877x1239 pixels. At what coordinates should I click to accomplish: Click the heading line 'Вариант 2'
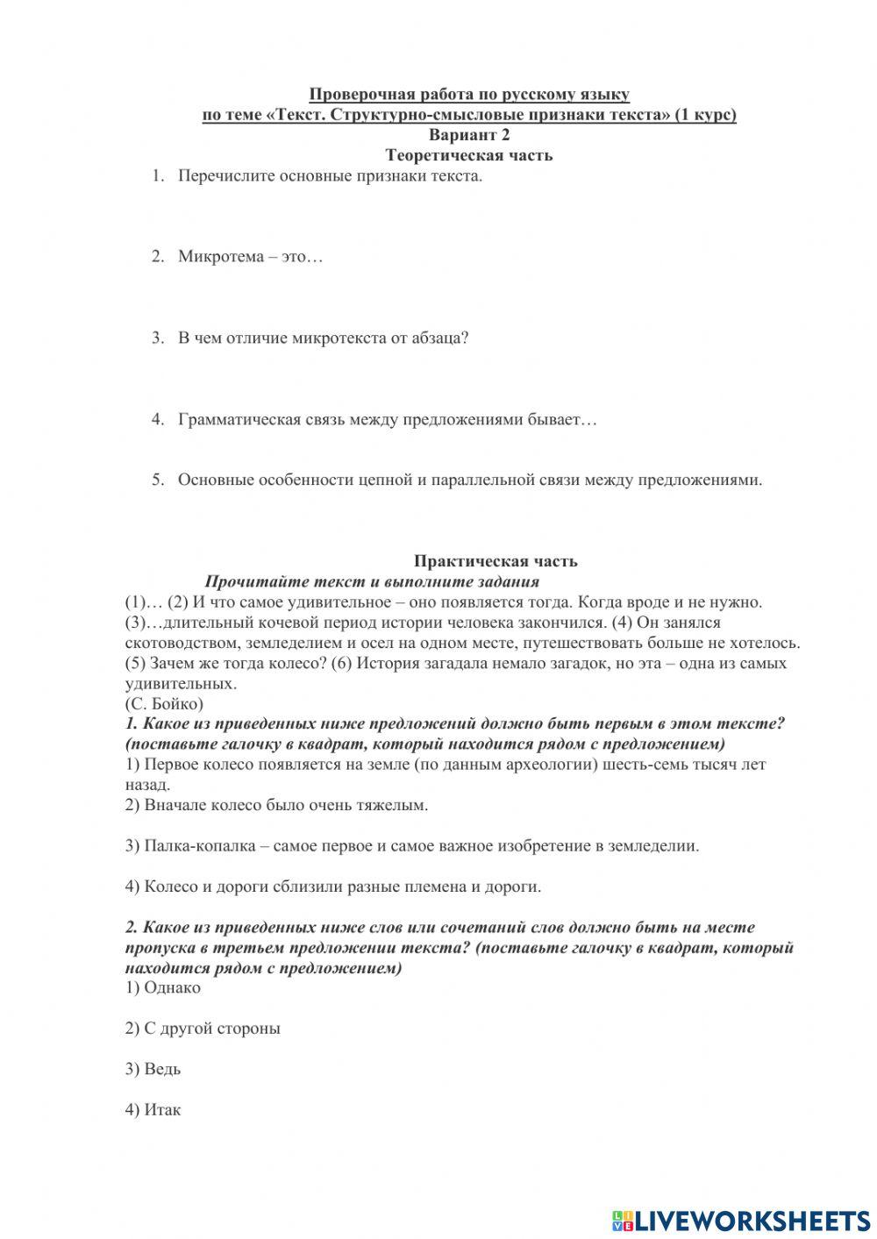pos(469,135)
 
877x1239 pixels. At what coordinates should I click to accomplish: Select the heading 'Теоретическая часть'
pos(469,155)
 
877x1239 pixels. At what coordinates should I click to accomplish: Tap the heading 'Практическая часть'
pos(496,561)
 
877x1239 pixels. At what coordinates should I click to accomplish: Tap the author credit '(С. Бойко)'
pos(164,703)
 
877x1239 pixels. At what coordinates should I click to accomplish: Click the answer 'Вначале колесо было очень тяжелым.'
pos(276,805)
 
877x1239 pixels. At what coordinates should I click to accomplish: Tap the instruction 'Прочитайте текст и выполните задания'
pos(372,581)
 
